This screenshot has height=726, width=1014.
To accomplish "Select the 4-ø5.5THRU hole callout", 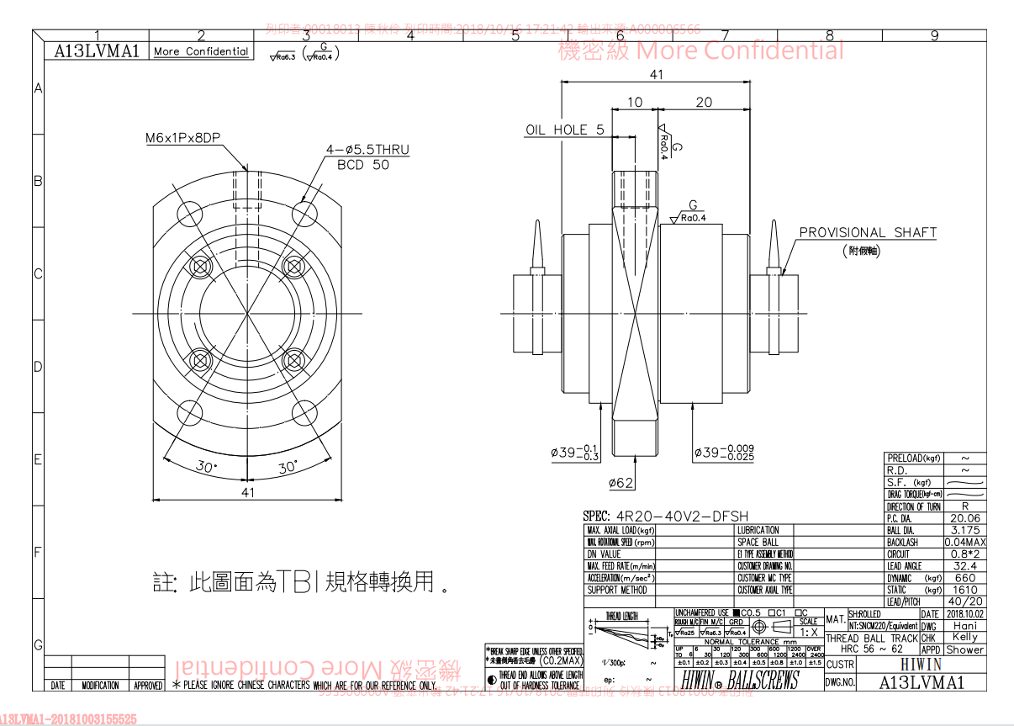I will pos(367,150).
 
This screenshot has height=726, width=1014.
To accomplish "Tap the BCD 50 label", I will pos(363,165).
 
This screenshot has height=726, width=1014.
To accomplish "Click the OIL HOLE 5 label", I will pos(564,130).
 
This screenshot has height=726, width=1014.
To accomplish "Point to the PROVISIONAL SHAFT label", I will pos(867,232).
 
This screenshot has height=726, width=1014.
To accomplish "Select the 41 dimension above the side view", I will pos(656,74).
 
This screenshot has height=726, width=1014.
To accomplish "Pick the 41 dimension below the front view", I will pos(247,492).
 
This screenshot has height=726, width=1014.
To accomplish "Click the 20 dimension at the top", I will pos(704,102).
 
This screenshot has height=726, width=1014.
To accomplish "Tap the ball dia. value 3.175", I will pos(965,530).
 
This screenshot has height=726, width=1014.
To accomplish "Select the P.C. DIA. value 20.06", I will pos(965,518).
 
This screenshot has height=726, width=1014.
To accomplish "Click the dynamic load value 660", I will pos(965,578).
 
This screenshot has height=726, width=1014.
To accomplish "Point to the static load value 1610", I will pos(965,590).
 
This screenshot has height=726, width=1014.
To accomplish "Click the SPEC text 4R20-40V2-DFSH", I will pos(665,516).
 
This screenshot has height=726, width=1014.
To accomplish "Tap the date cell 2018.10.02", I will pos(964,614).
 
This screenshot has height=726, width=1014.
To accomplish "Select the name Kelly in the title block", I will pos(964,637).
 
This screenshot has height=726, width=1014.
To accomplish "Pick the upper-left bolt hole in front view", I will pos(200,267).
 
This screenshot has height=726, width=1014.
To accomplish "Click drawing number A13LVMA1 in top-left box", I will pos(96,50).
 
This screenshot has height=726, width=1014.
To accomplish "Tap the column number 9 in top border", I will pos(934,35).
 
